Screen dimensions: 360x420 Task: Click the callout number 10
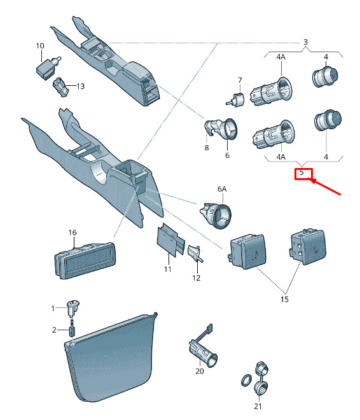click(x=40, y=46)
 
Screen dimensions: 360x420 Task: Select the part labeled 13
click(x=61, y=87)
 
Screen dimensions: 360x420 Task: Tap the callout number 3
click(x=305, y=42)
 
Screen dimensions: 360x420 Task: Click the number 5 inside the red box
click(x=301, y=172)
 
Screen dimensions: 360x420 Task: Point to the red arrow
click(x=326, y=186)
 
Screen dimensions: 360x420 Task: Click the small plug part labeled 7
click(x=235, y=100)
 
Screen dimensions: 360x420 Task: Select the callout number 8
click(x=207, y=148)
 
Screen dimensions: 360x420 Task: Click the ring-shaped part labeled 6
click(x=228, y=129)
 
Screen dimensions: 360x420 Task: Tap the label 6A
click(x=222, y=189)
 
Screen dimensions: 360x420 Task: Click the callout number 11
click(x=167, y=269)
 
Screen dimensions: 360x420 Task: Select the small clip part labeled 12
click(x=195, y=253)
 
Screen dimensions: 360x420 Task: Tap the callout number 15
click(x=284, y=299)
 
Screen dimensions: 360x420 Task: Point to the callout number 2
click(x=54, y=330)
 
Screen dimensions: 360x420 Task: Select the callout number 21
click(x=258, y=406)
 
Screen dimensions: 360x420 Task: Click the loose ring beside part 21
click(x=247, y=380)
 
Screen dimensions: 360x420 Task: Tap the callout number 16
click(x=73, y=232)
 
